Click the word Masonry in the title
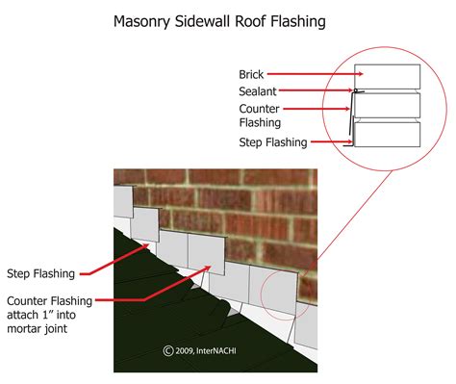[146, 18]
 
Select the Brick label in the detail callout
[251, 73]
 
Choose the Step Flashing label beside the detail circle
[272, 142]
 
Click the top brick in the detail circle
[387, 76]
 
